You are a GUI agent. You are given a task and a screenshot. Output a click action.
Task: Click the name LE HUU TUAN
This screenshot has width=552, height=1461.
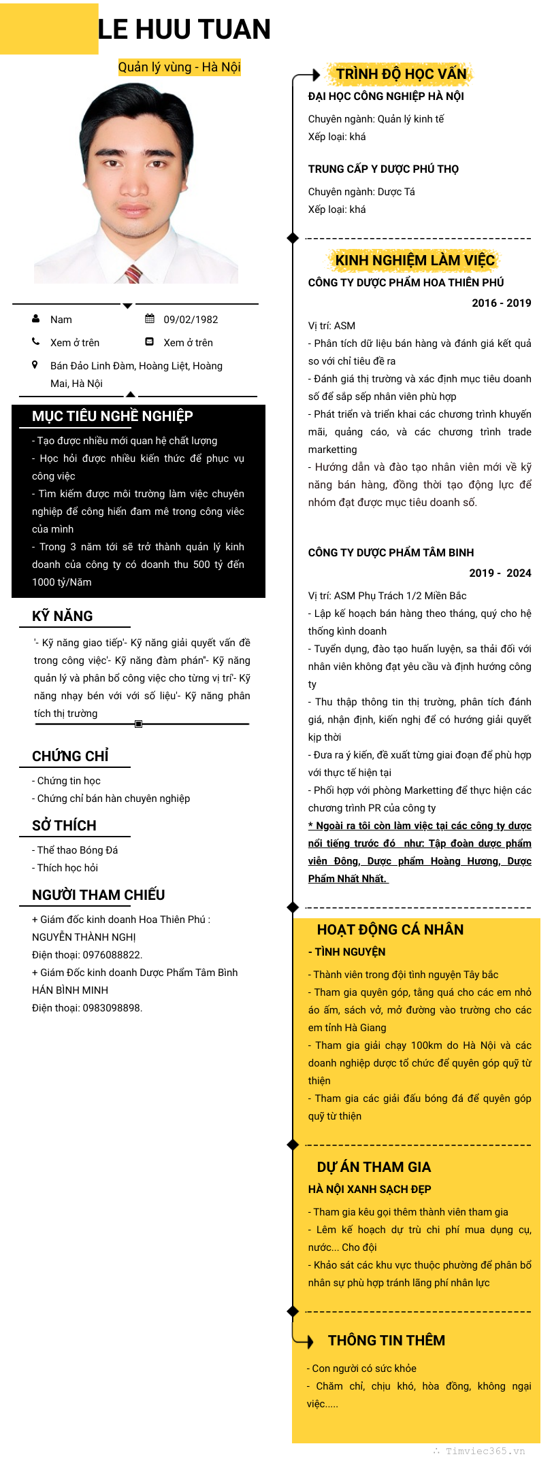184,29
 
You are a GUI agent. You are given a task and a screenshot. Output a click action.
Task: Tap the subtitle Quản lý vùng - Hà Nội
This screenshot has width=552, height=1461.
179,67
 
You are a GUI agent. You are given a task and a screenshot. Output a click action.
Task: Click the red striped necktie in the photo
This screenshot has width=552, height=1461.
133,274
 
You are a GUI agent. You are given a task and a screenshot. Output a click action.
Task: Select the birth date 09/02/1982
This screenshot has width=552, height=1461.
191,320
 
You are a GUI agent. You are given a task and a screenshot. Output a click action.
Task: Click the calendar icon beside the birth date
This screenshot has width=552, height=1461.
150,319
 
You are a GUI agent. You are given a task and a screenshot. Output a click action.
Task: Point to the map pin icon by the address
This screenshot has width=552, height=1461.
35,365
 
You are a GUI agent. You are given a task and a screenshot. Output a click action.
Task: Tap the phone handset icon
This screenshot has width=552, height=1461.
36,342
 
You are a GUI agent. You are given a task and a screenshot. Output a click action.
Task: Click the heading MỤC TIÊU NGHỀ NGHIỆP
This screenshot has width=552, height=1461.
112,416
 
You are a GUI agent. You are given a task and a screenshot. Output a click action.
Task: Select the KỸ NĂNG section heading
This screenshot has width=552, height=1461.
63,616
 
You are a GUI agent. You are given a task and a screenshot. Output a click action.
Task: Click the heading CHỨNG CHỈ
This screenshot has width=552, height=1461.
70,756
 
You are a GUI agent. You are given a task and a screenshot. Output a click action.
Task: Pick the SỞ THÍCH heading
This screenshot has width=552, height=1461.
64,826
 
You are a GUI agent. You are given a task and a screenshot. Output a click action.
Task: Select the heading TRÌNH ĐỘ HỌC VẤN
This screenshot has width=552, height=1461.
401,74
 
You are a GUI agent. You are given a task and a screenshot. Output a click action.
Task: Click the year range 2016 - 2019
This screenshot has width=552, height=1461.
502,303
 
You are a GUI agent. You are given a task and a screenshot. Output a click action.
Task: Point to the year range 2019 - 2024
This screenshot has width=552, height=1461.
500,573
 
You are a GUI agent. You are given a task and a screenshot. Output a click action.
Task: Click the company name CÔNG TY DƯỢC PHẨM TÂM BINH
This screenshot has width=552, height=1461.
391,553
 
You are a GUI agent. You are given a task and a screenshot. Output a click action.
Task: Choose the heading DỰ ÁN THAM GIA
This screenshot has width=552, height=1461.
374,1168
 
